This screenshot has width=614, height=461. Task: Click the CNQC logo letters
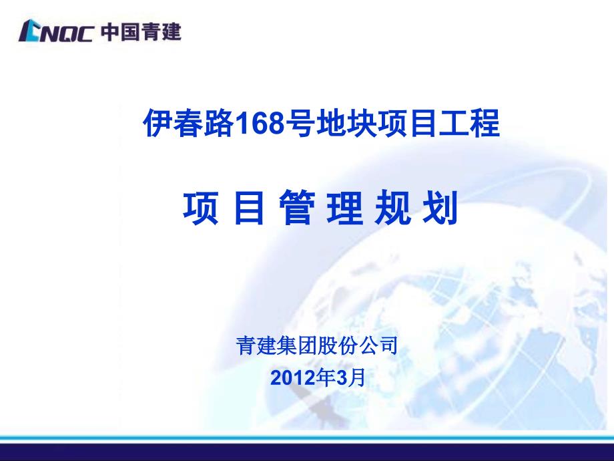coord(55,31)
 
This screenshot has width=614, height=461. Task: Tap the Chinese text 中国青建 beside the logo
coord(141,31)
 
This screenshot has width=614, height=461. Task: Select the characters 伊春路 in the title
coord(190,123)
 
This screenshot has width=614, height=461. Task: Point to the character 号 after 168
coord(300,123)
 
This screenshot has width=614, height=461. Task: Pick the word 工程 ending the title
coord(469,123)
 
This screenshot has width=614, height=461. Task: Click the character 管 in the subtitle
coord(297,207)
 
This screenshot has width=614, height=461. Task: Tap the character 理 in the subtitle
coord(345,207)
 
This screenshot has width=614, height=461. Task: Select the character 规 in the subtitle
coord(392,207)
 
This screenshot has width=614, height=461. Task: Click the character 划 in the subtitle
coord(440,207)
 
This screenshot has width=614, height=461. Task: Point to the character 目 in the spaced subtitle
coord(249,207)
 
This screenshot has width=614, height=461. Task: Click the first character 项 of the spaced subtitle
coord(200,207)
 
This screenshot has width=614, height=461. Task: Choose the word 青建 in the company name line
coord(256,346)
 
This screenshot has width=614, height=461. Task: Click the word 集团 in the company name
coord(296,346)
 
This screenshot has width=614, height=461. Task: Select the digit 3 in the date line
coord(342,378)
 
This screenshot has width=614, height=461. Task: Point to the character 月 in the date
coord(356,378)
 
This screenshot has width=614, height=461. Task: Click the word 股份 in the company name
coord(337,346)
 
